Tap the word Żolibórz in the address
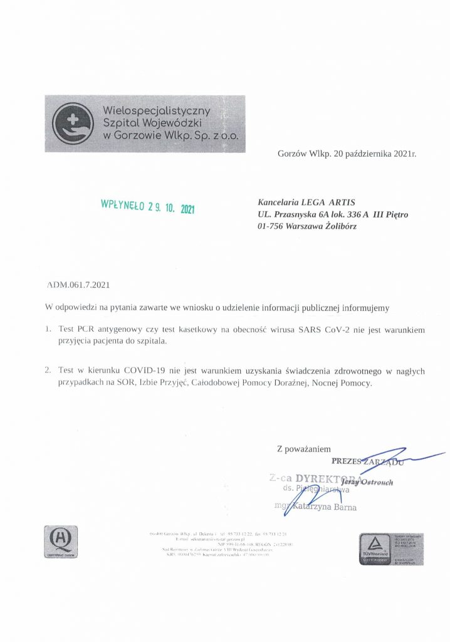coord(338,226)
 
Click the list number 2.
coord(48,369)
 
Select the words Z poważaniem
coord(303,449)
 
